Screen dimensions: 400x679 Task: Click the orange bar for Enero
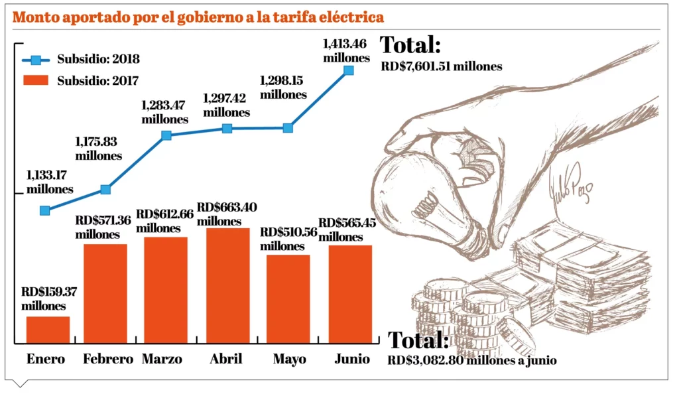point(48,330)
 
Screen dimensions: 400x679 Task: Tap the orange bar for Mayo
point(288,299)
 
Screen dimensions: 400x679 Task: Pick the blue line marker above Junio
point(349,70)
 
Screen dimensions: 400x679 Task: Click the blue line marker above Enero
point(45,210)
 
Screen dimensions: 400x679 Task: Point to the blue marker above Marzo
point(166,135)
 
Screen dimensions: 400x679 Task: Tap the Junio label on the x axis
point(351,360)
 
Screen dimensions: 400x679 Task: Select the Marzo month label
point(162,360)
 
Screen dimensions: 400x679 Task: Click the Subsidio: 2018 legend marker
point(36,60)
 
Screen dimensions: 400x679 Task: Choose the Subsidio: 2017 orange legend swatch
point(36,81)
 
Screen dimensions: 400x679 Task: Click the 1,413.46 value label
point(346,51)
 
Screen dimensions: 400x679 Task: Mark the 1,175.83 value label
point(98,149)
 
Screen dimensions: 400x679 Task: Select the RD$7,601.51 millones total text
point(442,66)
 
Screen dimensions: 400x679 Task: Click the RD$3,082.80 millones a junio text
point(472,361)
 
